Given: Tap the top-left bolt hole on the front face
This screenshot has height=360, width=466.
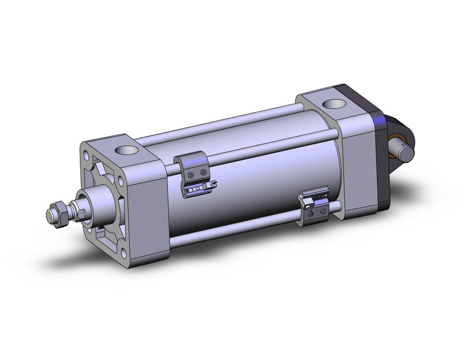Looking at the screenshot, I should [x=86, y=150].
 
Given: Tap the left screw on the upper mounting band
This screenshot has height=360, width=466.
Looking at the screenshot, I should [x=194, y=175].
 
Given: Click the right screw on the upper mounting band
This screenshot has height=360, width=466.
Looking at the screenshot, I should [x=205, y=174].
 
